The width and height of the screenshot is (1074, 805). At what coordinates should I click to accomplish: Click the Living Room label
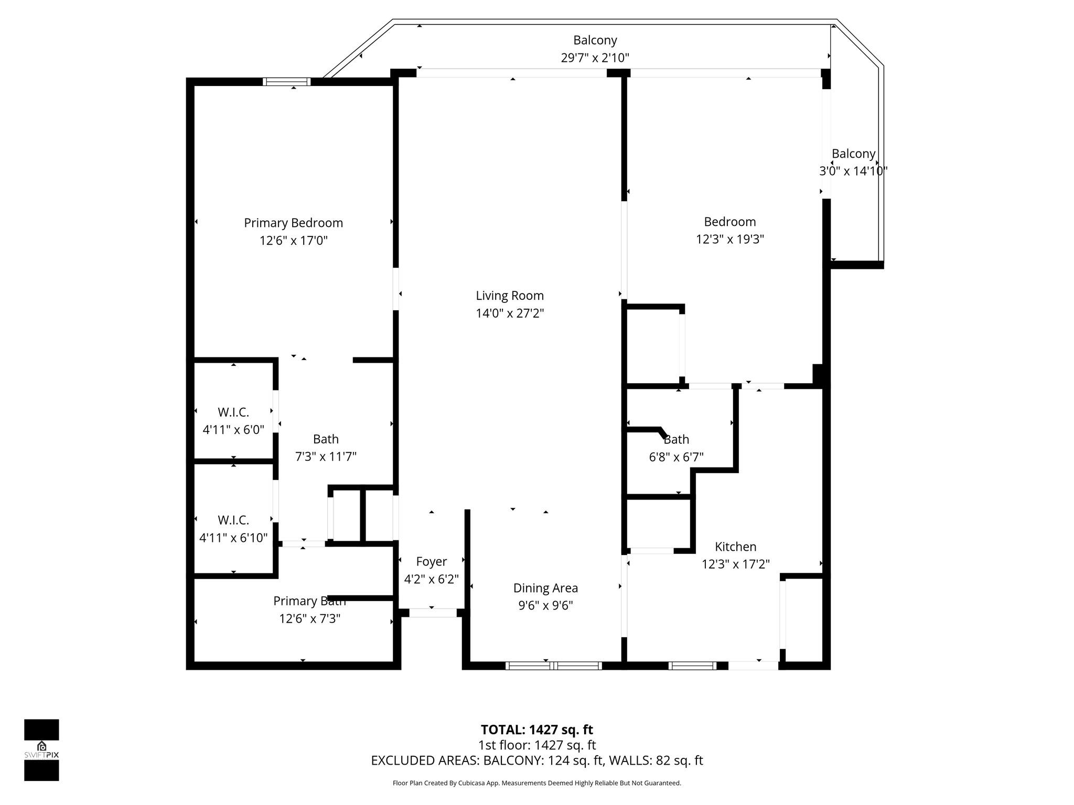(510, 296)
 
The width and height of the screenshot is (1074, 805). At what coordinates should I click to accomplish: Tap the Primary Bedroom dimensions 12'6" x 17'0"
(294, 241)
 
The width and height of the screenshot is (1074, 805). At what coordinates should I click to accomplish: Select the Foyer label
(432, 562)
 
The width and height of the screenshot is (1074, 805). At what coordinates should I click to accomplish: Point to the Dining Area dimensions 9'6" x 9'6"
(545, 605)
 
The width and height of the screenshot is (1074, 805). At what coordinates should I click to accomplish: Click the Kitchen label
(736, 547)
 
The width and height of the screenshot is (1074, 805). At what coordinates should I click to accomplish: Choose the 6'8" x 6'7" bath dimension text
(676, 457)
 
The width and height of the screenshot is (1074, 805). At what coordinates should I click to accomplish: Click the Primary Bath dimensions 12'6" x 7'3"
(310, 618)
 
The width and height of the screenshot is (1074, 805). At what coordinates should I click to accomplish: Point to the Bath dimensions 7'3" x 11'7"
(326, 456)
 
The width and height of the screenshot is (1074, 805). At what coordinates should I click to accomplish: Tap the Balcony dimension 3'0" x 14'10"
(854, 171)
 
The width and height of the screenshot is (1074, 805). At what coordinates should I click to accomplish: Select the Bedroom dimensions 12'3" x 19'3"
(730, 239)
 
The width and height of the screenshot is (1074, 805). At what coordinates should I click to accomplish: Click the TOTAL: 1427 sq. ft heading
(537, 730)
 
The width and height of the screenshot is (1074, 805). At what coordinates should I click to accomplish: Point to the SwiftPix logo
(41, 750)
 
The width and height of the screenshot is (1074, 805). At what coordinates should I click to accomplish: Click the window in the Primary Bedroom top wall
(286, 81)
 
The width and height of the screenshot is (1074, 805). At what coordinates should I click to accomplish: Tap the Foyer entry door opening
(433, 613)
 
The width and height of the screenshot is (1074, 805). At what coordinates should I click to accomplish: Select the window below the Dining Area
(554, 666)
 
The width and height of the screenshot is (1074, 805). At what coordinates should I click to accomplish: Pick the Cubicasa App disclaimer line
(537, 783)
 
